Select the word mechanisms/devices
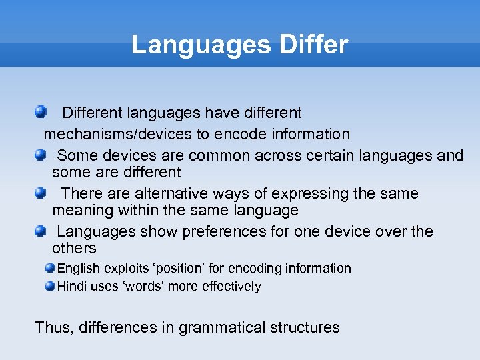point(117,134)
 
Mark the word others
point(74,249)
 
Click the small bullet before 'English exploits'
point(51,268)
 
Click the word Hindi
point(71,287)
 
